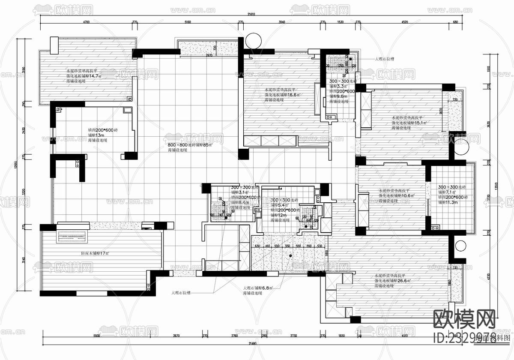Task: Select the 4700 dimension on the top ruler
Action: (x=86, y=21)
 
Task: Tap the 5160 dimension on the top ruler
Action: (x=187, y=21)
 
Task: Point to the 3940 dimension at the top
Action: (x=281, y=21)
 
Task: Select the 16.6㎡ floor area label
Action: (x=294, y=95)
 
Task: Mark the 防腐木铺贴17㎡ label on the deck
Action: (x=95, y=253)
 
